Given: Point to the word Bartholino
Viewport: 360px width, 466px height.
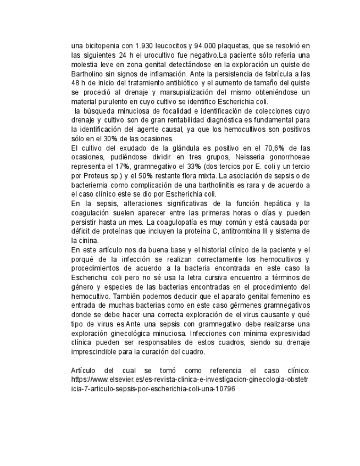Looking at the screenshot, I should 88,73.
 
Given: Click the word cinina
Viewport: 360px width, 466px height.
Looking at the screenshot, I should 86,241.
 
